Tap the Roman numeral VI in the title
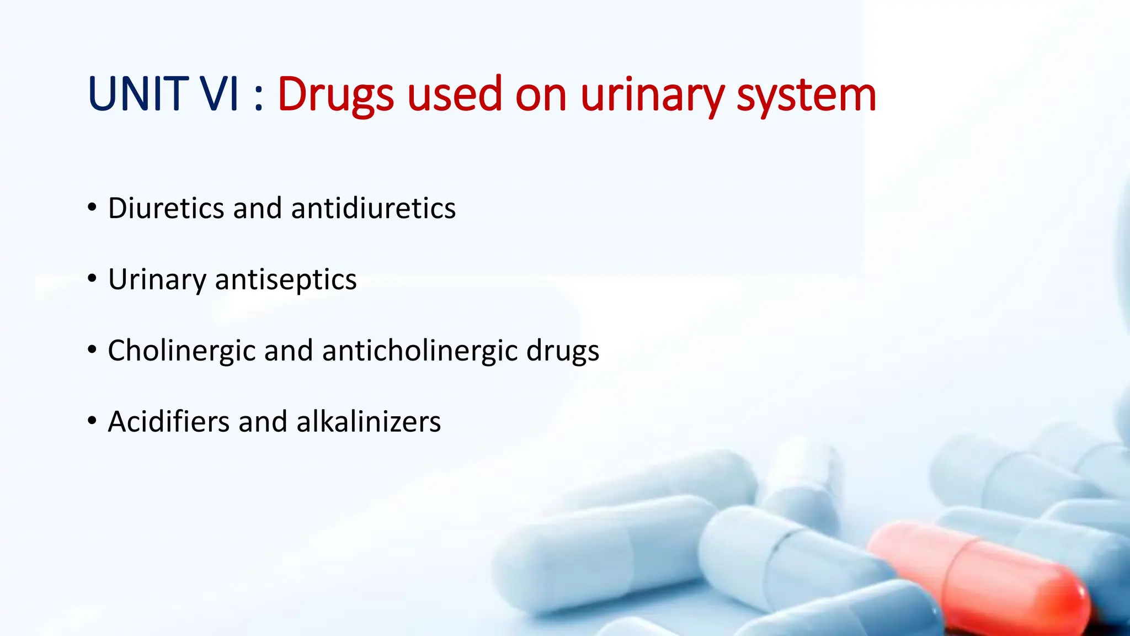pyautogui.click(x=219, y=94)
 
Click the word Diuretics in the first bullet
pyautogui.click(x=166, y=208)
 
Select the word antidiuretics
pyautogui.click(x=373, y=208)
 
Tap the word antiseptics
pyautogui.click(x=285, y=280)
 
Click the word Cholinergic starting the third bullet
pyautogui.click(x=182, y=351)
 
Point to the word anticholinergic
pyautogui.click(x=419, y=351)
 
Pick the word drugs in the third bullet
pyautogui.click(x=562, y=352)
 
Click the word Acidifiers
pyautogui.click(x=168, y=422)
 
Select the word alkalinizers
pyautogui.click(x=368, y=422)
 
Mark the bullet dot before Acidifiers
pyautogui.click(x=92, y=421)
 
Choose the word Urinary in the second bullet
pyautogui.click(x=157, y=280)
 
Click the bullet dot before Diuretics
pyautogui.click(x=92, y=208)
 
